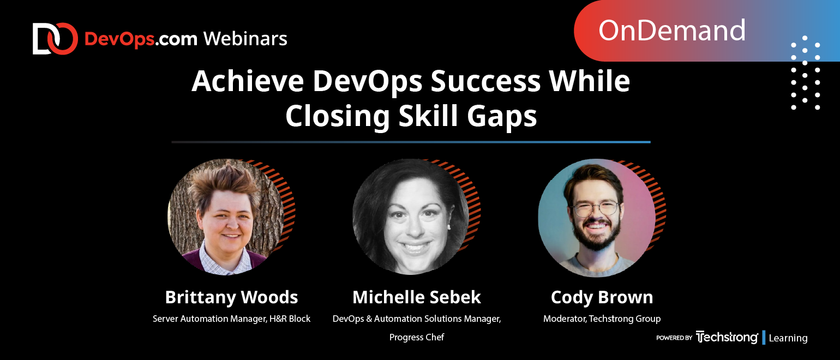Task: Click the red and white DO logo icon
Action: point(55,39)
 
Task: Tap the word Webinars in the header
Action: point(245,39)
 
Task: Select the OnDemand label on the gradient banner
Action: point(671,30)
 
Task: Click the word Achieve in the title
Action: point(248,81)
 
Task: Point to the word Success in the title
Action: point(485,81)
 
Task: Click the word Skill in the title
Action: point(428,115)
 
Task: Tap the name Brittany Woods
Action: point(231,297)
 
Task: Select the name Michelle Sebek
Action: point(417,297)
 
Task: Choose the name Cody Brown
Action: point(602,297)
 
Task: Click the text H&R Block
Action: point(290,319)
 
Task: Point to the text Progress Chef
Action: point(417,338)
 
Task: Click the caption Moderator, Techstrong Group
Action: point(602,319)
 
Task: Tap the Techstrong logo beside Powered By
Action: point(727,337)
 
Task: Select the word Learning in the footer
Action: point(788,338)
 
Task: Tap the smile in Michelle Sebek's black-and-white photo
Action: point(414,248)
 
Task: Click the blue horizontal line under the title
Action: point(411,142)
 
